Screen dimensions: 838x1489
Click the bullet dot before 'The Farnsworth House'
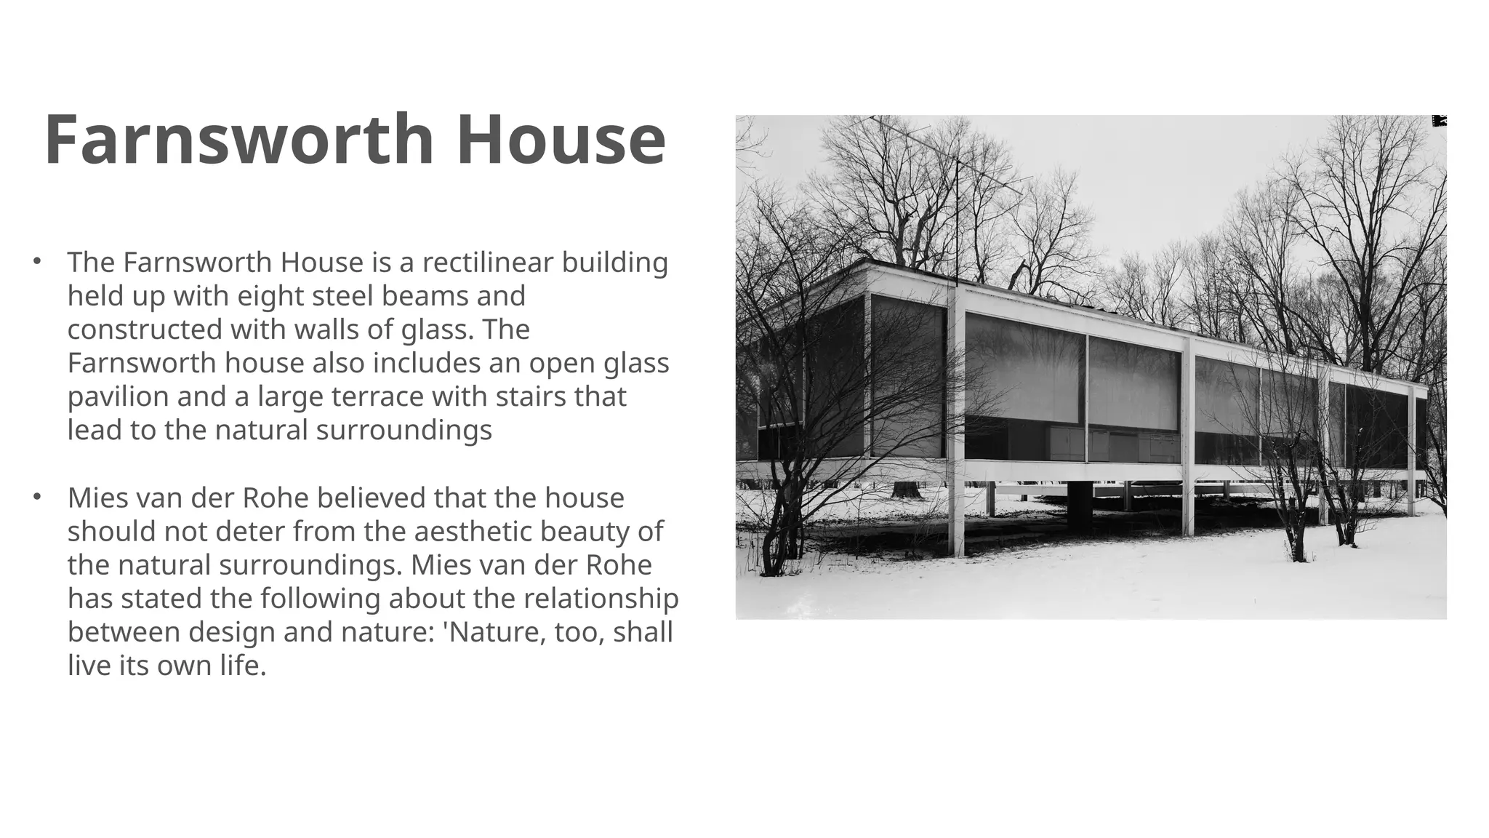(36, 261)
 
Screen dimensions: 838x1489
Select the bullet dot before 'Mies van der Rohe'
(36, 498)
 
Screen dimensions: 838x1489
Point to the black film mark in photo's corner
(1439, 121)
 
